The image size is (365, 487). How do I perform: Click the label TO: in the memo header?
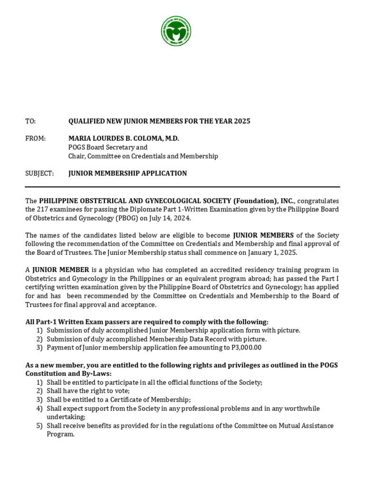pos(30,121)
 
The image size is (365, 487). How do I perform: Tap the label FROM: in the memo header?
pos(36,138)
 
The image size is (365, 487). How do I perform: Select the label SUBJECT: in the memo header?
pos(39,173)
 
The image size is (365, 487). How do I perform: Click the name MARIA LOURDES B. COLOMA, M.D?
pos(124,138)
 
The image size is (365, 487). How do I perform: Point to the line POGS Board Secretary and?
pos(108,147)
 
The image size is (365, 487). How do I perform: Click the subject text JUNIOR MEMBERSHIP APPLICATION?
pos(127,173)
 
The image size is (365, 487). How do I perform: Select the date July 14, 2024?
pos(170,218)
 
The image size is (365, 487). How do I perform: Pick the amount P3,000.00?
pos(245,348)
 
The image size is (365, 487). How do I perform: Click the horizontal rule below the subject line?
pos(182,187)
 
